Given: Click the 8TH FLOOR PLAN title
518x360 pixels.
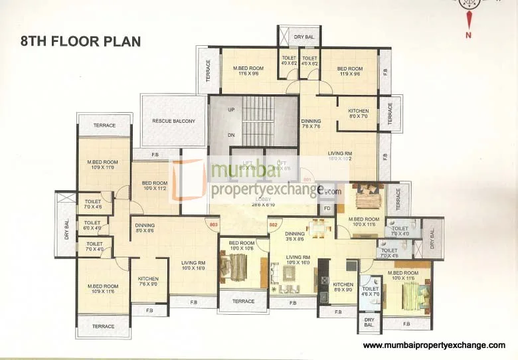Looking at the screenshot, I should [80, 41].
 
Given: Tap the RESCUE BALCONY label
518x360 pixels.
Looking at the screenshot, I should [173, 121].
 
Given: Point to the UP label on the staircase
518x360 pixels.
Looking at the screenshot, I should [231, 109].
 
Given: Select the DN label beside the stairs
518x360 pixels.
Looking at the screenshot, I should [231, 135].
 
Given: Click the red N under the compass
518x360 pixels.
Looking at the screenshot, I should [468, 35].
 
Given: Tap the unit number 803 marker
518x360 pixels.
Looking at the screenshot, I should [213, 225].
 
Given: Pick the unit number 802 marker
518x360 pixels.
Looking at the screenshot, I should [273, 225].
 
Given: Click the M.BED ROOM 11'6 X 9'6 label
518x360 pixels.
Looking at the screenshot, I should [248, 72].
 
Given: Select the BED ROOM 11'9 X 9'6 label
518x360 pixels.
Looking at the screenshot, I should [349, 72].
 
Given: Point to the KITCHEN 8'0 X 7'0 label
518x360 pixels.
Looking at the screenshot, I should [359, 114].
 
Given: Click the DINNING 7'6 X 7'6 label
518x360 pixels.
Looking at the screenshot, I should [311, 124].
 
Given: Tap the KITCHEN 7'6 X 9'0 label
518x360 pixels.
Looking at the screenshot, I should [147, 282].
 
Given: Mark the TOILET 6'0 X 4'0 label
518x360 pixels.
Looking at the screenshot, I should [92, 226].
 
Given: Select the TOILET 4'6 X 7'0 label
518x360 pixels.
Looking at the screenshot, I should [370, 292].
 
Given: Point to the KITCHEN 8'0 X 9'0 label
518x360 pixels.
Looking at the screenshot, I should [343, 287].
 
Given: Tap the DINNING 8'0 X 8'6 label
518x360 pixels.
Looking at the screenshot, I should [145, 228].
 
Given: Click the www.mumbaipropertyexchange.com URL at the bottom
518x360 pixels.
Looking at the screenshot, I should [434, 346].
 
